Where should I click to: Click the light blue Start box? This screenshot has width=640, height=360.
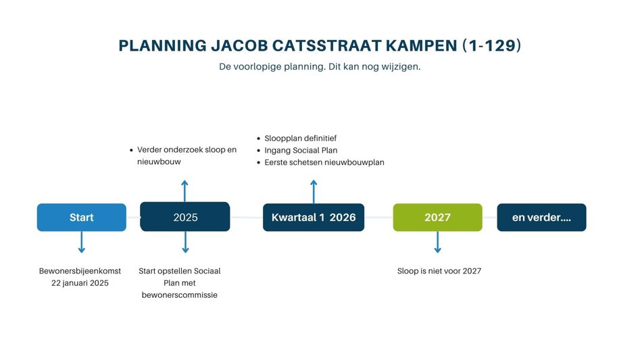pos(82,217)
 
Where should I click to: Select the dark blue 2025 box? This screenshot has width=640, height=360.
pos(185,217)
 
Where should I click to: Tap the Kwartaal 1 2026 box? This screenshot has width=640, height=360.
pos(314,217)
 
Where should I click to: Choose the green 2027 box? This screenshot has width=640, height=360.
pos(437,217)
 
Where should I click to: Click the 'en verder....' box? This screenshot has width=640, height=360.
pos(541,217)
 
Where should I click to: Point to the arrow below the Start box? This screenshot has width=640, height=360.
pos(82,242)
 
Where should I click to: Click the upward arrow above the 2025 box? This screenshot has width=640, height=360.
pos(185,190)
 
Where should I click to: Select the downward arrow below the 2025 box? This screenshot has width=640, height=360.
pos(185,242)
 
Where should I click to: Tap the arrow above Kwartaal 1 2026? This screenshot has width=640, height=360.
pos(314,192)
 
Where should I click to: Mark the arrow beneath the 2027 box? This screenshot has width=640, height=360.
pos(437,242)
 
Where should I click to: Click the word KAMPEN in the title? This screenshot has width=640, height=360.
pos(421,46)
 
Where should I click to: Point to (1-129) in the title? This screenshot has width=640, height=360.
pos(492,45)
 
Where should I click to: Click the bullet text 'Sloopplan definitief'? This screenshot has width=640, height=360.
pos(301,138)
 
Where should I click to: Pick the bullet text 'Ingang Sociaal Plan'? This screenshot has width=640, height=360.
pos(301,151)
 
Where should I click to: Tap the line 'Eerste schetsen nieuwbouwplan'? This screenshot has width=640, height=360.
pos(324,162)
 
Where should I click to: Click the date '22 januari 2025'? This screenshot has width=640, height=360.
pos(80,283)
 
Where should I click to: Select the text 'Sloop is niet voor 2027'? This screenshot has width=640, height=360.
pos(439,271)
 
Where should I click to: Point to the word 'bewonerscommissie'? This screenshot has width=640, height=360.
pos(180,294)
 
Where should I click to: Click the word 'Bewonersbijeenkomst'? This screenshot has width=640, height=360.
pos(80,271)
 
